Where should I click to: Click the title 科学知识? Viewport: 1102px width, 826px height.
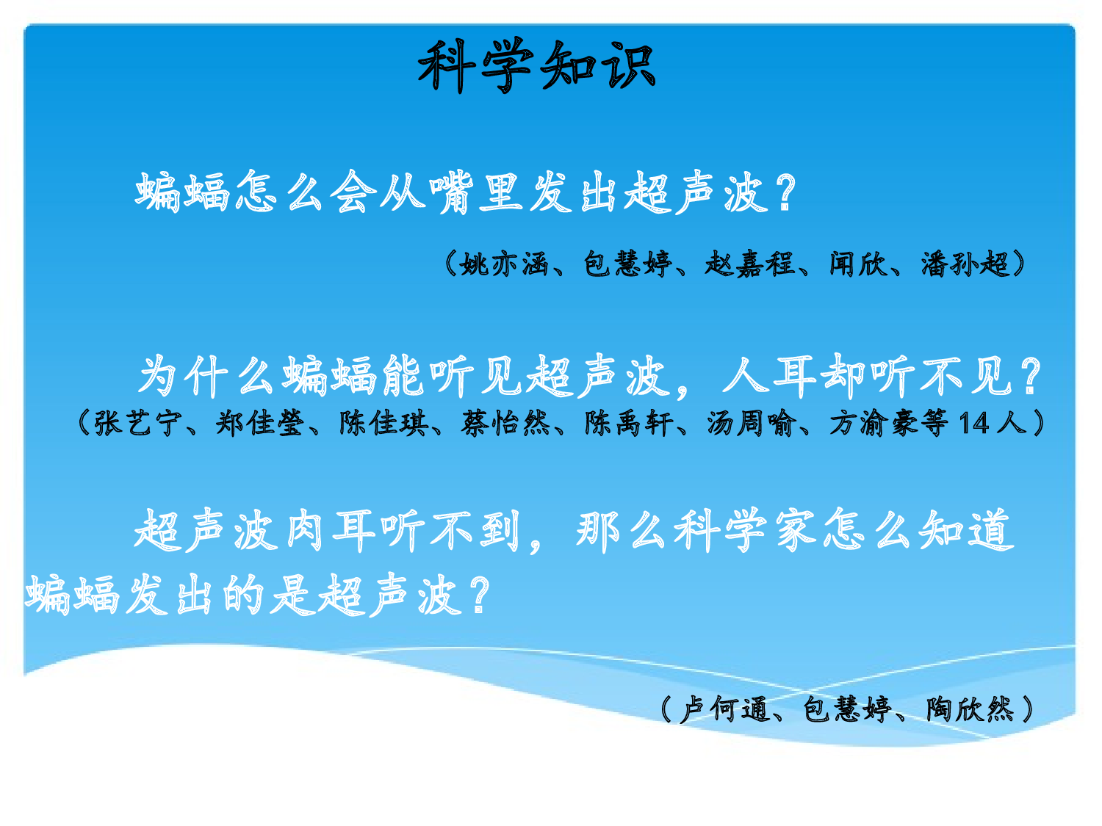pos(536,66)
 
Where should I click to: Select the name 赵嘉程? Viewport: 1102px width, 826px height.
pos(749,264)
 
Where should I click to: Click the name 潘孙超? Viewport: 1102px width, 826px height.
pos(965,264)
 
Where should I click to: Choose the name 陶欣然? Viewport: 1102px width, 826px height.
pos(970,709)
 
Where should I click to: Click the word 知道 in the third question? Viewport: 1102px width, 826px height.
pos(967,530)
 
